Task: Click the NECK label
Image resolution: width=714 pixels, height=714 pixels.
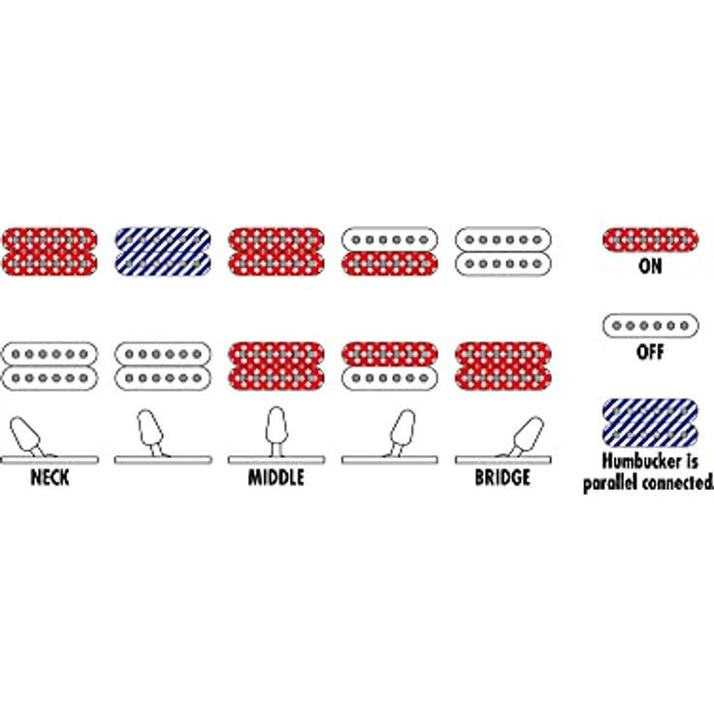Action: click(x=49, y=477)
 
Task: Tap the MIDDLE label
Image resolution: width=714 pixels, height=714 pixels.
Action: click(x=276, y=477)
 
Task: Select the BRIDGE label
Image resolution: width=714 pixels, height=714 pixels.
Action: click(x=503, y=477)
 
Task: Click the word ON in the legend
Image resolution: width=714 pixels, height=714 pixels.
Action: click(x=650, y=267)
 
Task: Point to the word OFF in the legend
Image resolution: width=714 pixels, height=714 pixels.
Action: click(x=650, y=352)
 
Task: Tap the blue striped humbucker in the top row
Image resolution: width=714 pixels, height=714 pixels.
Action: click(x=163, y=252)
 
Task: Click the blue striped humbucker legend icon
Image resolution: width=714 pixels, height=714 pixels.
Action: click(x=650, y=423)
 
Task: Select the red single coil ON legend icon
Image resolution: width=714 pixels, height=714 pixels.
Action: click(x=650, y=240)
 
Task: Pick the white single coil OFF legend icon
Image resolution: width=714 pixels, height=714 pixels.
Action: click(x=650, y=326)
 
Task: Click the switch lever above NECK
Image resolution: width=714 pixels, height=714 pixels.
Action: click(x=26, y=434)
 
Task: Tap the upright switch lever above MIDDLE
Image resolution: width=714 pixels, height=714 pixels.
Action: click(x=276, y=432)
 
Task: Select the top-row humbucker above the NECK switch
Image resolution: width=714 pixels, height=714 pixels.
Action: click(x=49, y=252)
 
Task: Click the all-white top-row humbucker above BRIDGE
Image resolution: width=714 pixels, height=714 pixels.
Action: click(x=503, y=252)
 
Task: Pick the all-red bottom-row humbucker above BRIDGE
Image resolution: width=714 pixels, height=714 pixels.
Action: click(x=503, y=366)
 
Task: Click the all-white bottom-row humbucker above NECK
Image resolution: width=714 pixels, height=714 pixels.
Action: click(x=49, y=366)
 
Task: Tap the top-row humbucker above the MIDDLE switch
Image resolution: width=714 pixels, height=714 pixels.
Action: click(x=276, y=252)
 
